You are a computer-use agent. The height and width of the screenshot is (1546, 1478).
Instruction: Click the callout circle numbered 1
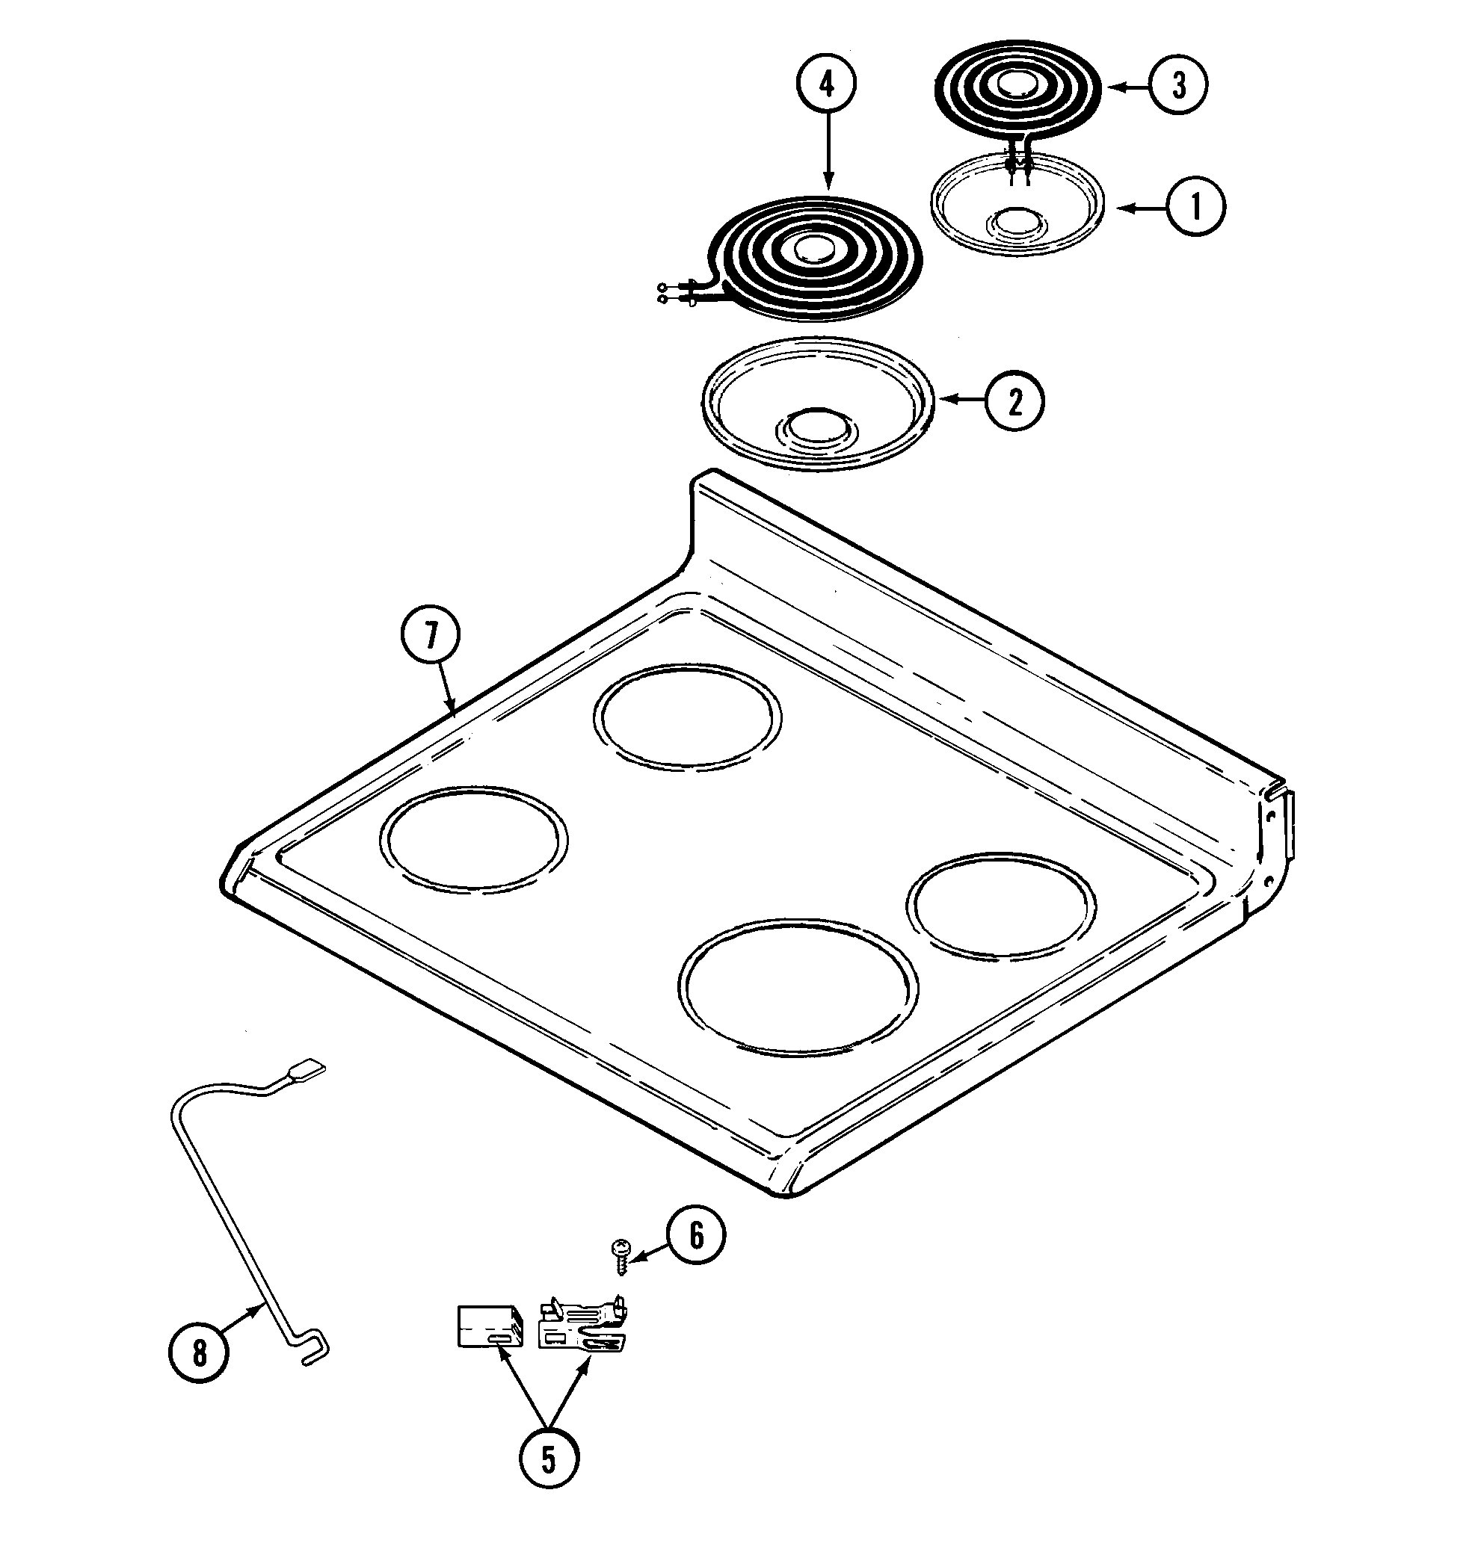click(x=1195, y=207)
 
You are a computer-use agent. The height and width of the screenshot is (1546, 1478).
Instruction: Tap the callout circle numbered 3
click(x=1177, y=85)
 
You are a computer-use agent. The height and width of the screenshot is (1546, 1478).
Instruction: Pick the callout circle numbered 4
click(x=826, y=84)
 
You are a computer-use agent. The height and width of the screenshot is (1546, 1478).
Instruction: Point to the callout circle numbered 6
click(x=697, y=1236)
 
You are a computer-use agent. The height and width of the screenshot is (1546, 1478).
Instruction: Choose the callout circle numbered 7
click(x=430, y=636)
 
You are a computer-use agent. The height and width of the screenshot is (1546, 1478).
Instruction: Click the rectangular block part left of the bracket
click(x=489, y=1326)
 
